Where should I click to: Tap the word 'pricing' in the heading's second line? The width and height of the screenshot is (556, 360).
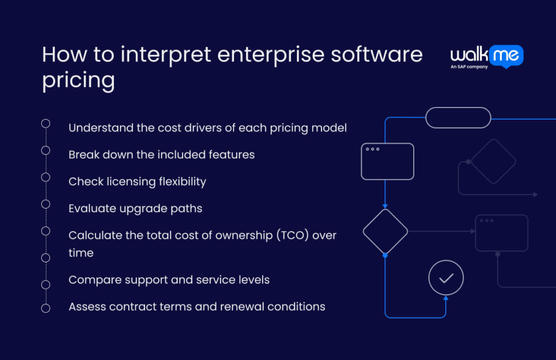pos(78,80)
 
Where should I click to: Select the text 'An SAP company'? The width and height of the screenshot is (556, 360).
pos(469,67)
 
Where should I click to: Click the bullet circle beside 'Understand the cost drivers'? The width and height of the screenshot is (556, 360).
pos(46,124)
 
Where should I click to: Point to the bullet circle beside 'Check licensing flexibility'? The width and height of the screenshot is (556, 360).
pos(46,177)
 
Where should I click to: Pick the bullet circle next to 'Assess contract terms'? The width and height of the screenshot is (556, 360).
pos(46,308)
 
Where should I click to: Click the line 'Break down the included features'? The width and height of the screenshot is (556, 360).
pos(161,155)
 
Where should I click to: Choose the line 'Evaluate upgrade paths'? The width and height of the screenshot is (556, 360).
pos(135,209)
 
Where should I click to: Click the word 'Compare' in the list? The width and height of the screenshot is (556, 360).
pos(92,280)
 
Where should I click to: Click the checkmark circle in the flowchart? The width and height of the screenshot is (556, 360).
pos(446,278)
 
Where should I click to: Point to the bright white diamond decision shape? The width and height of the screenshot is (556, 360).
pos(385,231)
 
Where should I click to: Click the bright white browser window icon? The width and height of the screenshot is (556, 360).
pos(387,161)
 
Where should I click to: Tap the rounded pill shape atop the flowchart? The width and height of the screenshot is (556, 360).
pos(458,118)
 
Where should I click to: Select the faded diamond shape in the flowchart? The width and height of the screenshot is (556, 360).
pos(493,161)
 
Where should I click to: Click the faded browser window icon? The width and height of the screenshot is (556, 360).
pos(501,233)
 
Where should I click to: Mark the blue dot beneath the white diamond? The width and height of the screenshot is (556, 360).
pos(385,255)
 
